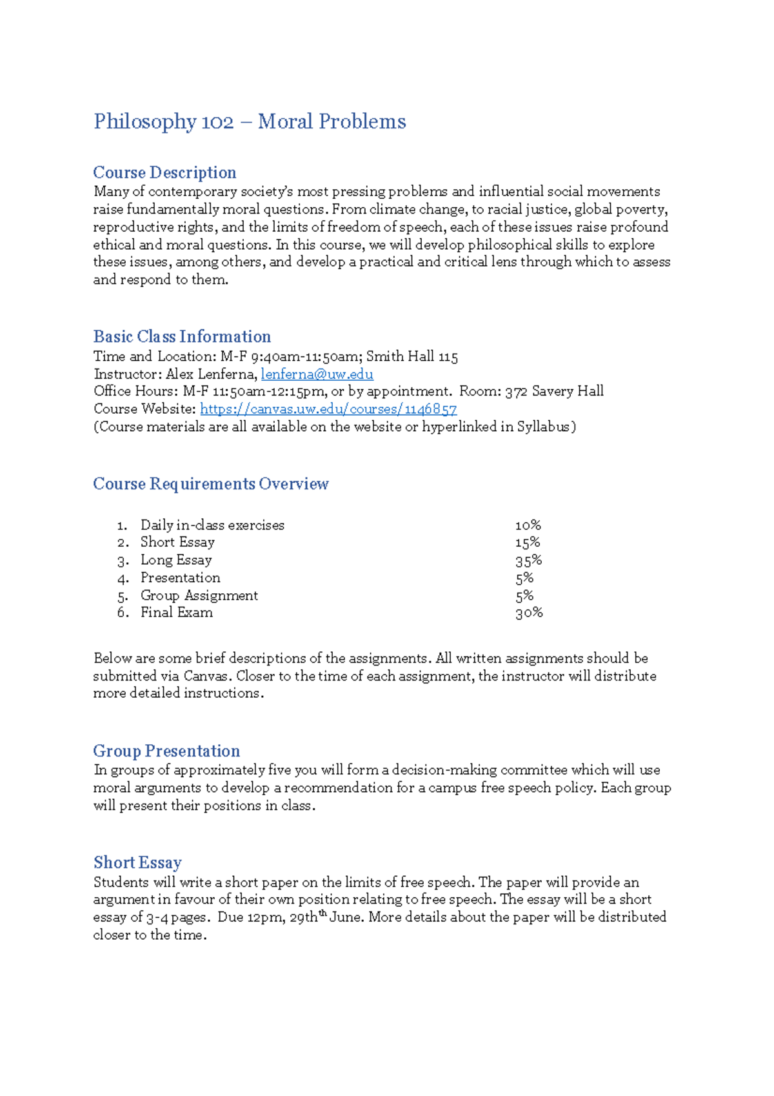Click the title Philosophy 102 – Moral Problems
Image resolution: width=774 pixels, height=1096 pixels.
(x=250, y=121)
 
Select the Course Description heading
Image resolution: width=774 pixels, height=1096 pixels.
(x=164, y=172)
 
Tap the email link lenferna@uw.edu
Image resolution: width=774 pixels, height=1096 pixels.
(x=317, y=374)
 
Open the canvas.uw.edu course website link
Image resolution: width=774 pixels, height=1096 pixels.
(x=328, y=409)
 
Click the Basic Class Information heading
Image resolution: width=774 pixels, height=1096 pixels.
(x=182, y=336)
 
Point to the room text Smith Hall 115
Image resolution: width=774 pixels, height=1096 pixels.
(x=412, y=356)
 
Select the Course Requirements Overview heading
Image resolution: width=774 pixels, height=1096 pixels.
(x=211, y=483)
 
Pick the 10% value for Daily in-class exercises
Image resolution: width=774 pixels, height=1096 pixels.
(x=528, y=525)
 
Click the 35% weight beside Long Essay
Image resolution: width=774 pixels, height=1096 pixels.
(x=528, y=560)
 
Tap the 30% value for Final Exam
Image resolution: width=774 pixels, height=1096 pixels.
(x=529, y=613)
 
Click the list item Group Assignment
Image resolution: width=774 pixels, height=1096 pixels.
(x=199, y=595)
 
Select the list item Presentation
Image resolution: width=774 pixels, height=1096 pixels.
(x=181, y=578)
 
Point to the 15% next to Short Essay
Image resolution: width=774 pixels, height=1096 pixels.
(x=527, y=542)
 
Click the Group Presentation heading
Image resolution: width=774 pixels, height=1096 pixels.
(x=166, y=751)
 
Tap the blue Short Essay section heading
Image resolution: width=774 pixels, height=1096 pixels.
(x=137, y=862)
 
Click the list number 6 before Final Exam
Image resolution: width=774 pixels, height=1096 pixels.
(x=123, y=613)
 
